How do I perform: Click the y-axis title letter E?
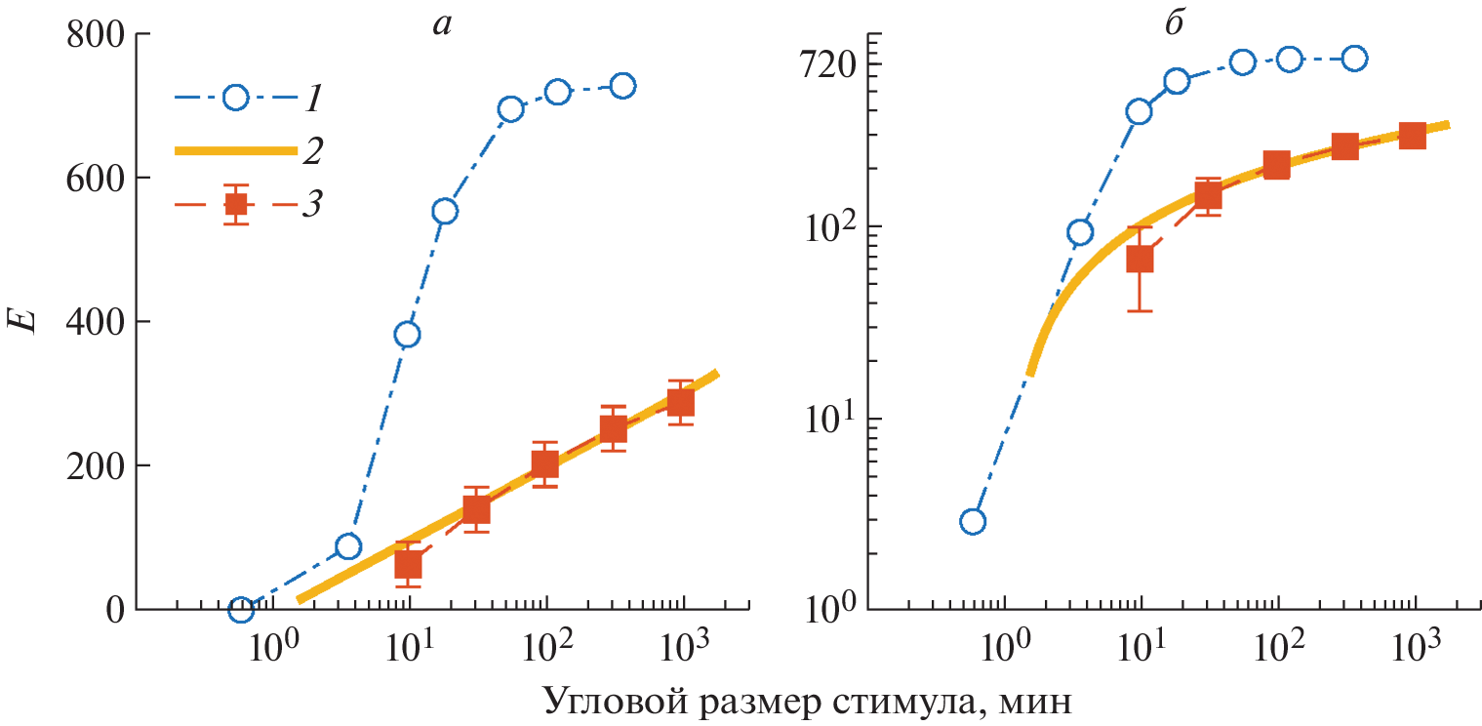(x=30, y=321)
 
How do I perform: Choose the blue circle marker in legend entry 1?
(x=235, y=98)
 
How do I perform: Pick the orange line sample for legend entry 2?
(x=234, y=150)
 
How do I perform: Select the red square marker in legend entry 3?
(x=235, y=205)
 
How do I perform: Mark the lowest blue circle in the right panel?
(x=973, y=521)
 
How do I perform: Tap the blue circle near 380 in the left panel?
(x=407, y=335)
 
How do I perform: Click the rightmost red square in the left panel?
(x=680, y=403)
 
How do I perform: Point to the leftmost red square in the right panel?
(x=1140, y=260)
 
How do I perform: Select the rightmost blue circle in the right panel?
(x=1353, y=59)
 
